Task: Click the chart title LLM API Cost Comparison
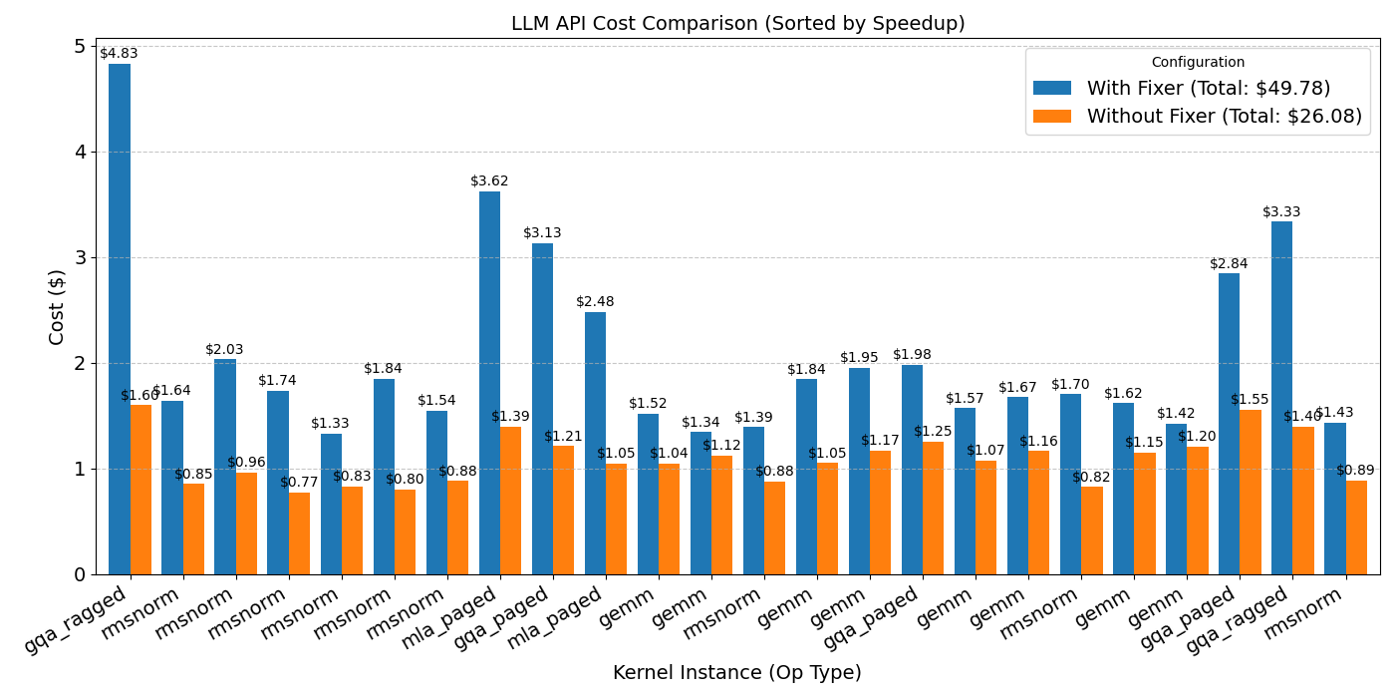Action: [x=737, y=24]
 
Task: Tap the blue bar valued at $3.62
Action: [x=489, y=383]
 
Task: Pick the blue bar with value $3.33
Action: [x=1281, y=399]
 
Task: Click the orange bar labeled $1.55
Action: [x=1251, y=493]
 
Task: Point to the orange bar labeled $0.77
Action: [x=300, y=533]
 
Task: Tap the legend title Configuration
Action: [x=1198, y=63]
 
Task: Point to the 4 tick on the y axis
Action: [x=80, y=153]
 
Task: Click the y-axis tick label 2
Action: [x=80, y=364]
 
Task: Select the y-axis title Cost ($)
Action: [x=58, y=307]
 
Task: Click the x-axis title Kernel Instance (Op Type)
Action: [x=737, y=674]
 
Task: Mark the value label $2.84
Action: [x=1229, y=264]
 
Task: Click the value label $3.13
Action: [x=542, y=233]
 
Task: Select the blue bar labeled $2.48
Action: [x=595, y=444]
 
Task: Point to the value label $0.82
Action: [x=1091, y=478]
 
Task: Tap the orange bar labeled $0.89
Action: [x=1356, y=527]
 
